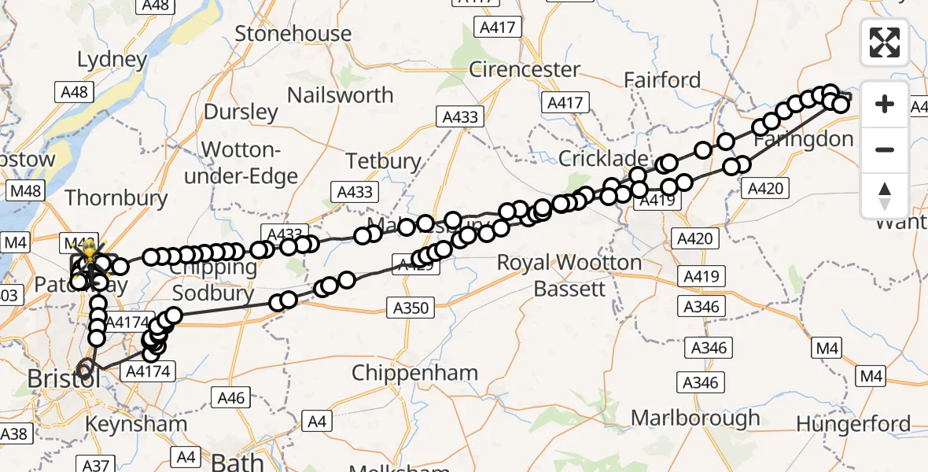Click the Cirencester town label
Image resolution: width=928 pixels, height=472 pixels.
[x=524, y=69]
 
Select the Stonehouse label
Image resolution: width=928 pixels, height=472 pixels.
[x=293, y=34]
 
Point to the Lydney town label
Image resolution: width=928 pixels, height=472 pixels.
[x=112, y=60]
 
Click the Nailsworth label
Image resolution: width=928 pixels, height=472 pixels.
[x=340, y=95]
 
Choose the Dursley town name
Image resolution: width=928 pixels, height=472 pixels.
[x=241, y=112]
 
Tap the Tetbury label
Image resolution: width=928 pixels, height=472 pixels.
[x=384, y=161]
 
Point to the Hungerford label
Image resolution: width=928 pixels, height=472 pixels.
[x=853, y=424]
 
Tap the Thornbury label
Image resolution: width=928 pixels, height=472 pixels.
[x=116, y=197]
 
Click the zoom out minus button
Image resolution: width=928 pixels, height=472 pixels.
[x=885, y=149]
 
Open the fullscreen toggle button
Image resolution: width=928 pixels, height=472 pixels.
[x=885, y=42]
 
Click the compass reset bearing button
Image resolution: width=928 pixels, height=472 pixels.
[x=885, y=195]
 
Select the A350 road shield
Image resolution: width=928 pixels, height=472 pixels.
[x=411, y=308]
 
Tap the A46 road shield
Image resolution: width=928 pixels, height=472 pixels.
[x=230, y=398]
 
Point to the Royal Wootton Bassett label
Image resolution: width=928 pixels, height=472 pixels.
[x=569, y=275]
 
